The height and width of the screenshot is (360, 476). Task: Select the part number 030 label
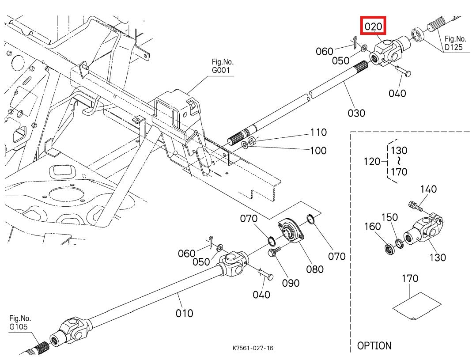(356, 113)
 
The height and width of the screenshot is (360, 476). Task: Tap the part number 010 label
(184, 313)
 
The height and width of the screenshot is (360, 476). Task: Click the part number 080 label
(314, 269)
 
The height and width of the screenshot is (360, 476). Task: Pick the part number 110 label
(318, 132)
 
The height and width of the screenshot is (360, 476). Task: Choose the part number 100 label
(318, 151)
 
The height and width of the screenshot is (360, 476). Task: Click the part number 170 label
(410, 279)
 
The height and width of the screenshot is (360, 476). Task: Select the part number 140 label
(428, 189)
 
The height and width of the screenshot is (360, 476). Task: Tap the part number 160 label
(372, 227)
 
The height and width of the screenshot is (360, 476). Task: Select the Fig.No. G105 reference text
(20, 322)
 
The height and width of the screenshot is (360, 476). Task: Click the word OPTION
(374, 346)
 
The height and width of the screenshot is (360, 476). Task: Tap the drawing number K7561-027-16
(253, 348)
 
